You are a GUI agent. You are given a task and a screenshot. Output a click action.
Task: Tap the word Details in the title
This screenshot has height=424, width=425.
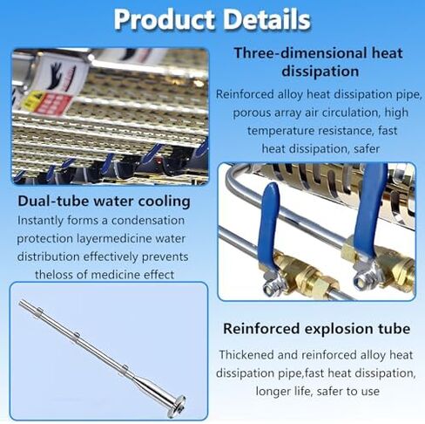264,18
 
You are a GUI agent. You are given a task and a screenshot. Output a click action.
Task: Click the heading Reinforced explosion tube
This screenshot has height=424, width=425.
315,328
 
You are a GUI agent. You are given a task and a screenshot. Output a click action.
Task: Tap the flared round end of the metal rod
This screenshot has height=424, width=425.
176,402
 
